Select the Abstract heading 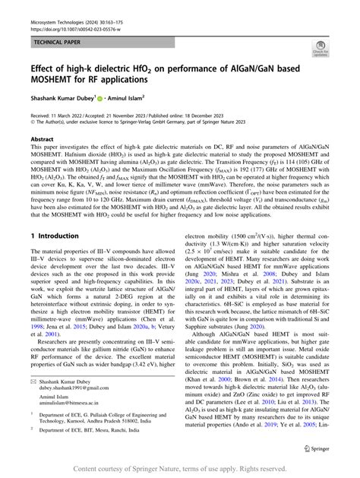coord(43,140)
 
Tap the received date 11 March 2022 coord(74,114)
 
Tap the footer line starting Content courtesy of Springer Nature coord(179,470)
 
